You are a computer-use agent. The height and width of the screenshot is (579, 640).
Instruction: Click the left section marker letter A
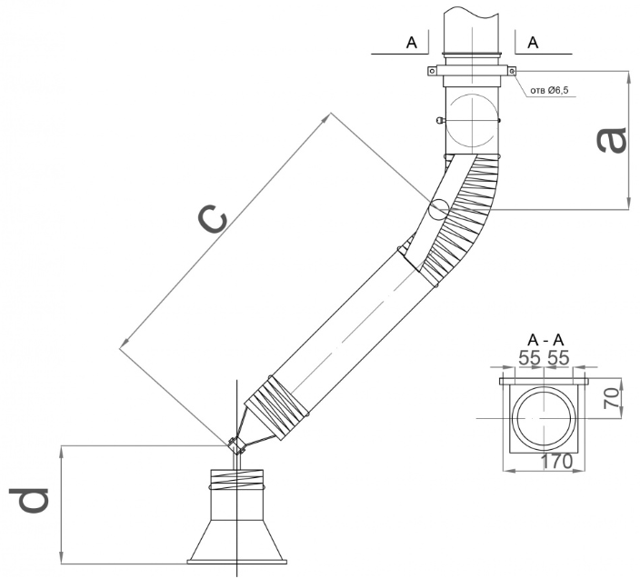(412, 42)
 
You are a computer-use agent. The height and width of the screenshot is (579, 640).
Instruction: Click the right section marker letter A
(533, 42)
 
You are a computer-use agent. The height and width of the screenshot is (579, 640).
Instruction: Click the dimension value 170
(555, 462)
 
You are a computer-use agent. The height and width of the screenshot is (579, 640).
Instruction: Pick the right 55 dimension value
(559, 358)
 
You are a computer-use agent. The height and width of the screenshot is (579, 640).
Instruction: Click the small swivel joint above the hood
(237, 445)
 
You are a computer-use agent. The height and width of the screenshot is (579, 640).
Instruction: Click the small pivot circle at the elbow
(438, 209)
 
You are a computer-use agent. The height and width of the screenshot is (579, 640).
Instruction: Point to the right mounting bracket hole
(512, 73)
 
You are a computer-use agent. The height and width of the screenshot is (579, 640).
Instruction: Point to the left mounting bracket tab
(432, 73)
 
